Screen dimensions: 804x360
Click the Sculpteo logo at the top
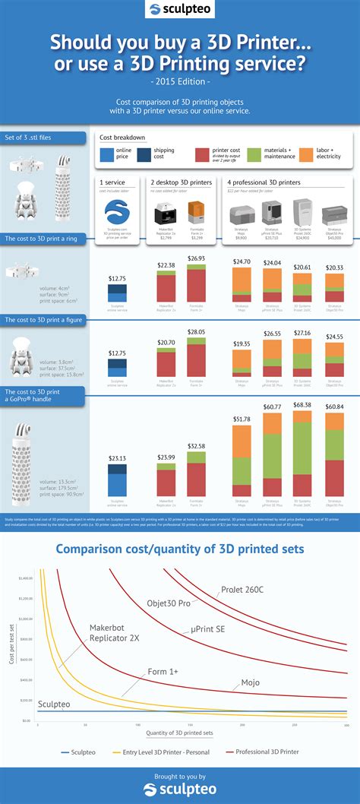[179, 10]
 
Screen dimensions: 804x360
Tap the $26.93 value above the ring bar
[196, 258]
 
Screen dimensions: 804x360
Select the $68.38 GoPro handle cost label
[302, 405]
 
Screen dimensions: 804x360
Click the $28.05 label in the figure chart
[196, 332]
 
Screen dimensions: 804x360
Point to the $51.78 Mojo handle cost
[242, 419]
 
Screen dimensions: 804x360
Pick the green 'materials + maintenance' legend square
[254, 155]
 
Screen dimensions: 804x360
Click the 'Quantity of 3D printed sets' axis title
[180, 733]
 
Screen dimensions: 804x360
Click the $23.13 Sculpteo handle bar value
[116, 458]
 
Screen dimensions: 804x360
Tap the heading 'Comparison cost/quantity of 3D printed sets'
[180, 548]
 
